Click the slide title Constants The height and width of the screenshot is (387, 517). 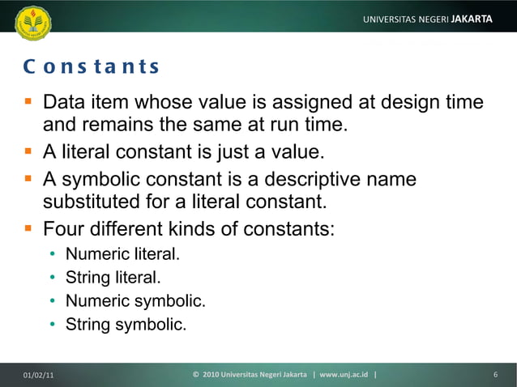click(x=91, y=66)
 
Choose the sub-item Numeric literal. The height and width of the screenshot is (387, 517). click(x=122, y=254)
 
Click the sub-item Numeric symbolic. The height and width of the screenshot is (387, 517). click(x=135, y=302)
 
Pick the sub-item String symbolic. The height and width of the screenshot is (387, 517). click(x=125, y=325)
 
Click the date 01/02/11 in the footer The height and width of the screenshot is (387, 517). click(x=40, y=375)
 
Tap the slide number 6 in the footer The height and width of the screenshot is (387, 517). click(x=494, y=375)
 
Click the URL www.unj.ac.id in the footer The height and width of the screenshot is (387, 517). click(x=344, y=375)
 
